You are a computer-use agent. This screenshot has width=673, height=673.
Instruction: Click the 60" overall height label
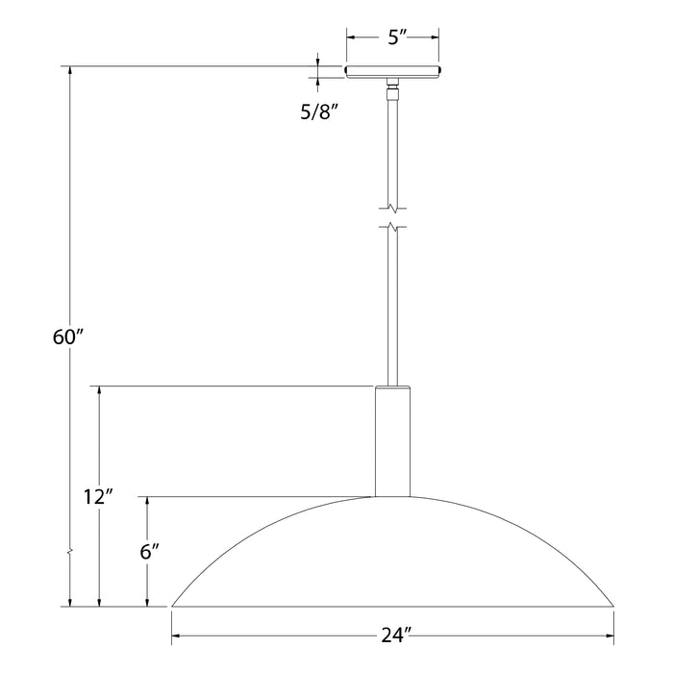pos(68,336)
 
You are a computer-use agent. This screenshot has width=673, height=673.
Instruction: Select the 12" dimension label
pos(98,497)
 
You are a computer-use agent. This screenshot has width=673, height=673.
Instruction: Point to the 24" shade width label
pos(396,636)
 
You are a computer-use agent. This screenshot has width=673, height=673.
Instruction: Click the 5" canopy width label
pos(397,37)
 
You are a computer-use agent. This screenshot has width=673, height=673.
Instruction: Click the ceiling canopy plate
pos(392,72)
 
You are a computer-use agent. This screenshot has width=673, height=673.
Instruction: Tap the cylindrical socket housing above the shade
pos(392,441)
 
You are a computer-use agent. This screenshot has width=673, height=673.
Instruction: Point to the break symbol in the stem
pos(392,217)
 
